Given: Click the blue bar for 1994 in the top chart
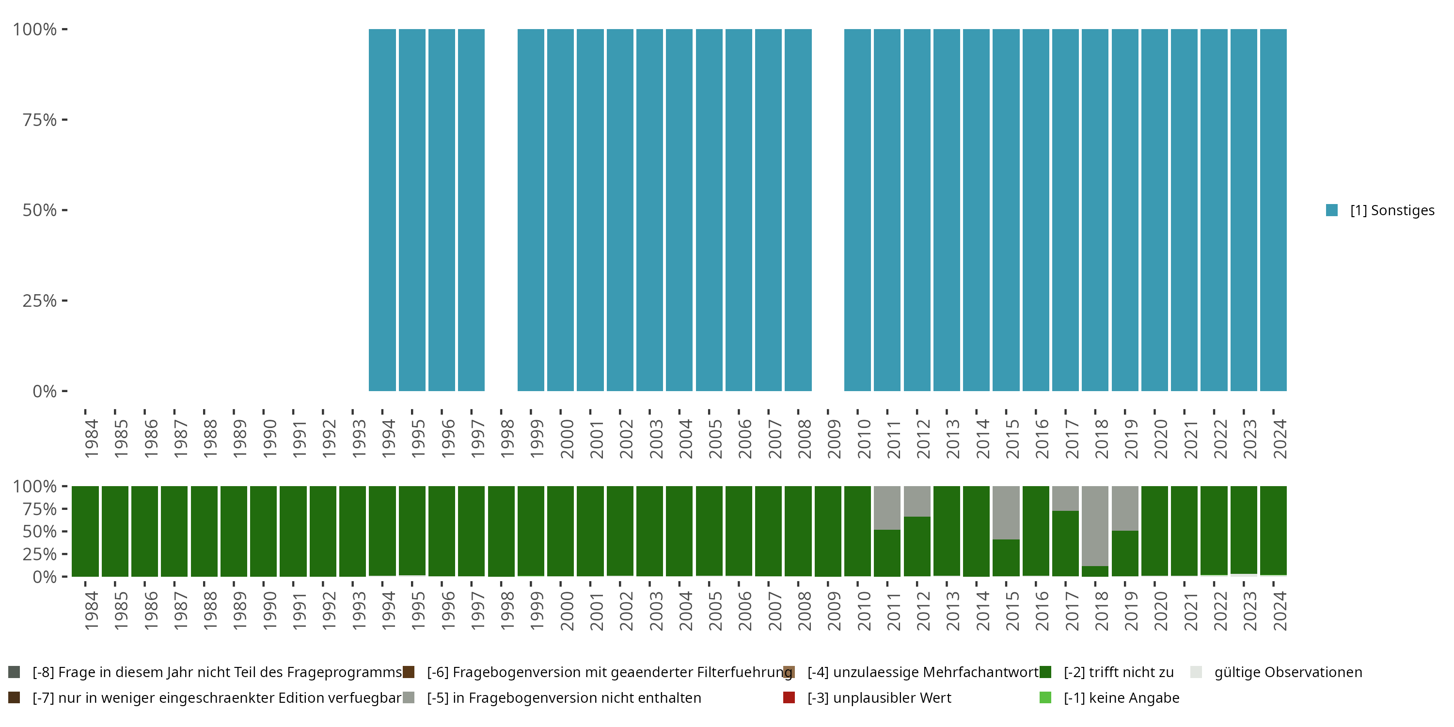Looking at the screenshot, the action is (x=382, y=210).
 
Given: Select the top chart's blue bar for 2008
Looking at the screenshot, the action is (x=798, y=210).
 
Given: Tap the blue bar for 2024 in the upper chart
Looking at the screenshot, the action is (x=1273, y=210).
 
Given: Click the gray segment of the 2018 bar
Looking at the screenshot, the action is (x=1095, y=526).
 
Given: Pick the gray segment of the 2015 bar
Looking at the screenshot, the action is (x=1006, y=512).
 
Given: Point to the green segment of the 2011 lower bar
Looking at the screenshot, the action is (x=887, y=553).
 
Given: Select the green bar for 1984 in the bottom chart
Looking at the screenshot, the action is (x=85, y=531).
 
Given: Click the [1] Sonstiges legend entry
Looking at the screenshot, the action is (x=1380, y=210).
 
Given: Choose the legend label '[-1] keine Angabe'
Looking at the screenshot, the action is (x=1122, y=698).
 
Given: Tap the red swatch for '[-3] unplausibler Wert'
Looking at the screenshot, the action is (x=789, y=697).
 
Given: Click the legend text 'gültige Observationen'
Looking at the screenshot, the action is (x=1288, y=672).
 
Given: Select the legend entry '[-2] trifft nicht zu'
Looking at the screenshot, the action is (x=1107, y=672).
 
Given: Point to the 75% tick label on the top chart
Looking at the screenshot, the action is (x=40, y=120).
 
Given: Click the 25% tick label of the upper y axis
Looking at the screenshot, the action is (x=40, y=301).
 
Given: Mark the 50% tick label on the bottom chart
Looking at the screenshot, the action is (x=40, y=532).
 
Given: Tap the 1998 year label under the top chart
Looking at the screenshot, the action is (x=507, y=439).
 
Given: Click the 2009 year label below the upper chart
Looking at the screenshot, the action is (x=834, y=439).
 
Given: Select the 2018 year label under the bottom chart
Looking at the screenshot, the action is (x=1102, y=611).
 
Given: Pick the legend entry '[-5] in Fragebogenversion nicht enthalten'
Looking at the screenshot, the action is (x=552, y=698).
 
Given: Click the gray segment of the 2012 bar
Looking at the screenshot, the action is (x=917, y=501).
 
